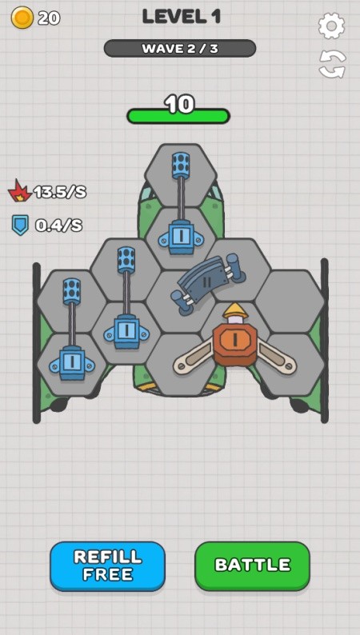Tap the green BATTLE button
(252, 565)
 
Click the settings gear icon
(332, 26)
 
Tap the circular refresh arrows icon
(332, 64)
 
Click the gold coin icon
(22, 18)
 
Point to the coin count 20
(49, 18)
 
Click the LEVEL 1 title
(182, 17)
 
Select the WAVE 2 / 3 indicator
(180, 49)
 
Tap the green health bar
(178, 116)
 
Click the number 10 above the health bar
(179, 104)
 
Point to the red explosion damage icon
(19, 191)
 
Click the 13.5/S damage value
(60, 192)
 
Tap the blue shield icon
(20, 225)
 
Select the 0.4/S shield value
(58, 226)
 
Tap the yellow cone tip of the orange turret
(235, 310)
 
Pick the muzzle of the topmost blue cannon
(181, 166)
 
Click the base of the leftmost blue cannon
(72, 363)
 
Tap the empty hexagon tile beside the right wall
(289, 302)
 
